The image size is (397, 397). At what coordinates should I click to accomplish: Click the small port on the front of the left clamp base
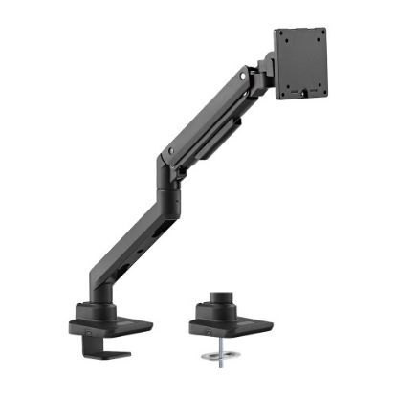tap(85, 333)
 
